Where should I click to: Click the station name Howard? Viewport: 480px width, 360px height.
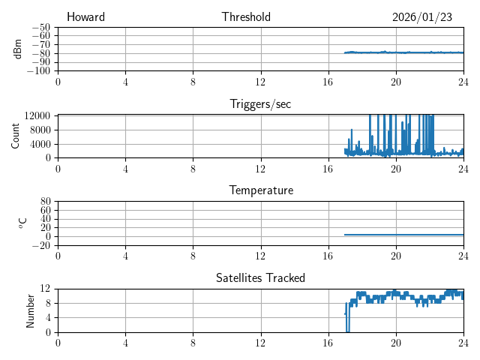pyautogui.click(x=85, y=17)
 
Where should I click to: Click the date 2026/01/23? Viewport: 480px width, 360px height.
pyautogui.click(x=423, y=17)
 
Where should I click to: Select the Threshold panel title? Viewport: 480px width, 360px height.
pyautogui.click(x=246, y=17)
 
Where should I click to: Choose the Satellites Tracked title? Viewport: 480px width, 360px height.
pyautogui.click(x=260, y=278)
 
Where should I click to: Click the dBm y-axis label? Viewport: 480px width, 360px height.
pyautogui.click(x=18, y=49)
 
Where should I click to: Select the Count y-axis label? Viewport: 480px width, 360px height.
pyautogui.click(x=16, y=136)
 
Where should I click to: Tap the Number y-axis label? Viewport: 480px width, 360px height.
pyautogui.click(x=31, y=310)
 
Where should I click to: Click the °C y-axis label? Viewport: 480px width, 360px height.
pyautogui.click(x=23, y=223)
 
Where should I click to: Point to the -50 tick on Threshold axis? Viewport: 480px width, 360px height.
pyautogui.click(x=41, y=28)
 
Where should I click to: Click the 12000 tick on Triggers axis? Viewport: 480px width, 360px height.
pyautogui.click(x=37, y=115)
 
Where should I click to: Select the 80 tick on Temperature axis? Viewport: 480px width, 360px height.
pyautogui.click(x=45, y=202)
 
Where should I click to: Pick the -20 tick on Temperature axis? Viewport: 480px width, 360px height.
pyautogui.click(x=41, y=245)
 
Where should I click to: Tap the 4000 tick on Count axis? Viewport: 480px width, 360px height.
pyautogui.click(x=39, y=143)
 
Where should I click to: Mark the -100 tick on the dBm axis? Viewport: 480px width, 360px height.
pyautogui.click(x=39, y=70)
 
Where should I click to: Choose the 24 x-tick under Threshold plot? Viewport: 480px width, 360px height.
pyautogui.click(x=463, y=81)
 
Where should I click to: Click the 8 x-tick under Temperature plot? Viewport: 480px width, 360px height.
pyautogui.click(x=193, y=255)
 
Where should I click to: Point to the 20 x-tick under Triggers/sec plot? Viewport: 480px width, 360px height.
pyautogui.click(x=396, y=168)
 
